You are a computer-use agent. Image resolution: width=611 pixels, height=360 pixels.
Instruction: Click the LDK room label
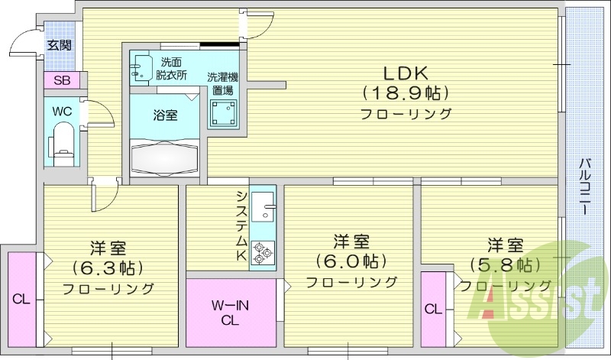[405, 74]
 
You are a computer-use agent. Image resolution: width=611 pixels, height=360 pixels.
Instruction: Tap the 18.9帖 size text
[405, 93]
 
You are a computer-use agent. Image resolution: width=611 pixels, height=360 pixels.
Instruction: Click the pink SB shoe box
[62, 79]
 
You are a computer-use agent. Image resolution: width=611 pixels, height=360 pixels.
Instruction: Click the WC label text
[61, 111]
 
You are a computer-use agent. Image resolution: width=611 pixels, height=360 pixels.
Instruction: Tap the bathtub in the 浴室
[164, 158]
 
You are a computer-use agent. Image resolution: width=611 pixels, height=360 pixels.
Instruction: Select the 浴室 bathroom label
[165, 115]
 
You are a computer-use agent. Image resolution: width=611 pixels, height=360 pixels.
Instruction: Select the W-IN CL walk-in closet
[231, 313]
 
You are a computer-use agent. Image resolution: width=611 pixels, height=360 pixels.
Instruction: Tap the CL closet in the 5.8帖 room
[432, 309]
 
